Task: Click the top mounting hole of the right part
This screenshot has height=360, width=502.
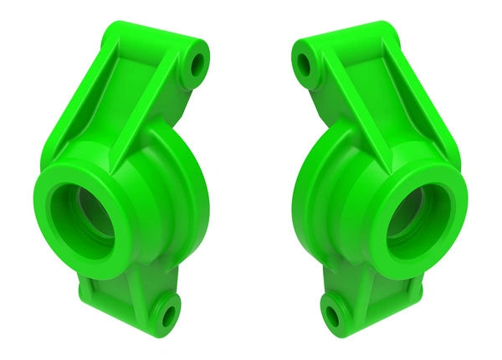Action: (303, 63)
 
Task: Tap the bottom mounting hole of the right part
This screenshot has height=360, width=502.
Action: (334, 316)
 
